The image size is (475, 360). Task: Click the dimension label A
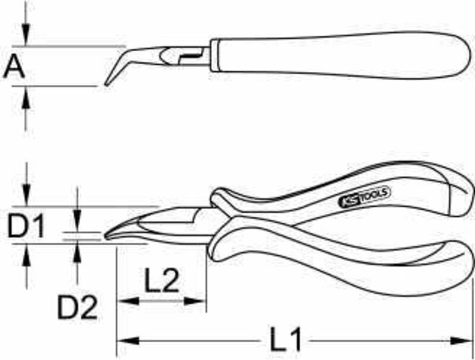(x=14, y=66)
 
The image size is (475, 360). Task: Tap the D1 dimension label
(x=26, y=226)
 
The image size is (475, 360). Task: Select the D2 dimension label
(x=78, y=307)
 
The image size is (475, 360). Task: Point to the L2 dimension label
(x=162, y=280)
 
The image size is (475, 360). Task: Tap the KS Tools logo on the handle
(x=364, y=197)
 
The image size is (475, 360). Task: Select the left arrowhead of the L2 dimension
(x=128, y=301)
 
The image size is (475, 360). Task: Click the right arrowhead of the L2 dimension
(x=195, y=301)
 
